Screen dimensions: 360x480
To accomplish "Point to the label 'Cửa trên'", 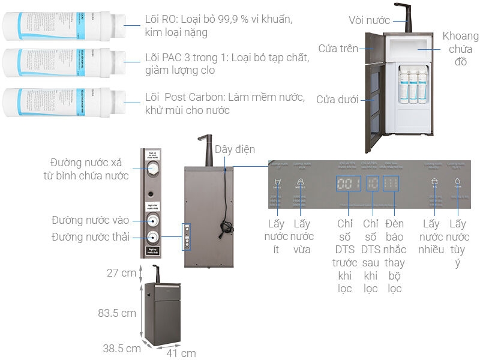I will [x=339, y=49].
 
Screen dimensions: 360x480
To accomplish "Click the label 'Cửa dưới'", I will [x=337, y=99].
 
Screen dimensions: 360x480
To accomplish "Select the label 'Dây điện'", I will [x=235, y=149].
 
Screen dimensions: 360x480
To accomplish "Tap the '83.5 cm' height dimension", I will [x=118, y=313].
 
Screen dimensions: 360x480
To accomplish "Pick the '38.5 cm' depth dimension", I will [x=121, y=347].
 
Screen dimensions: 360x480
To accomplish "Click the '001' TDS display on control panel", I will [x=349, y=183].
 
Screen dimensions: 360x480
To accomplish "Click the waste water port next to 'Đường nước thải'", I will [x=154, y=236].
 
